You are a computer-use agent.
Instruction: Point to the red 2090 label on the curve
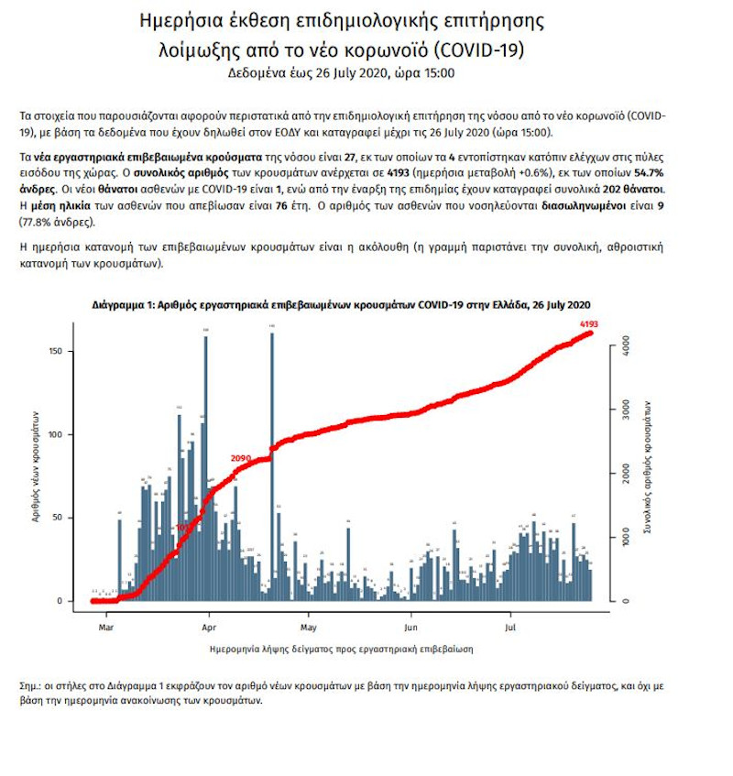click(241, 457)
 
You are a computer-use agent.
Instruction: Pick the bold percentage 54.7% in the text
click(649, 171)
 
